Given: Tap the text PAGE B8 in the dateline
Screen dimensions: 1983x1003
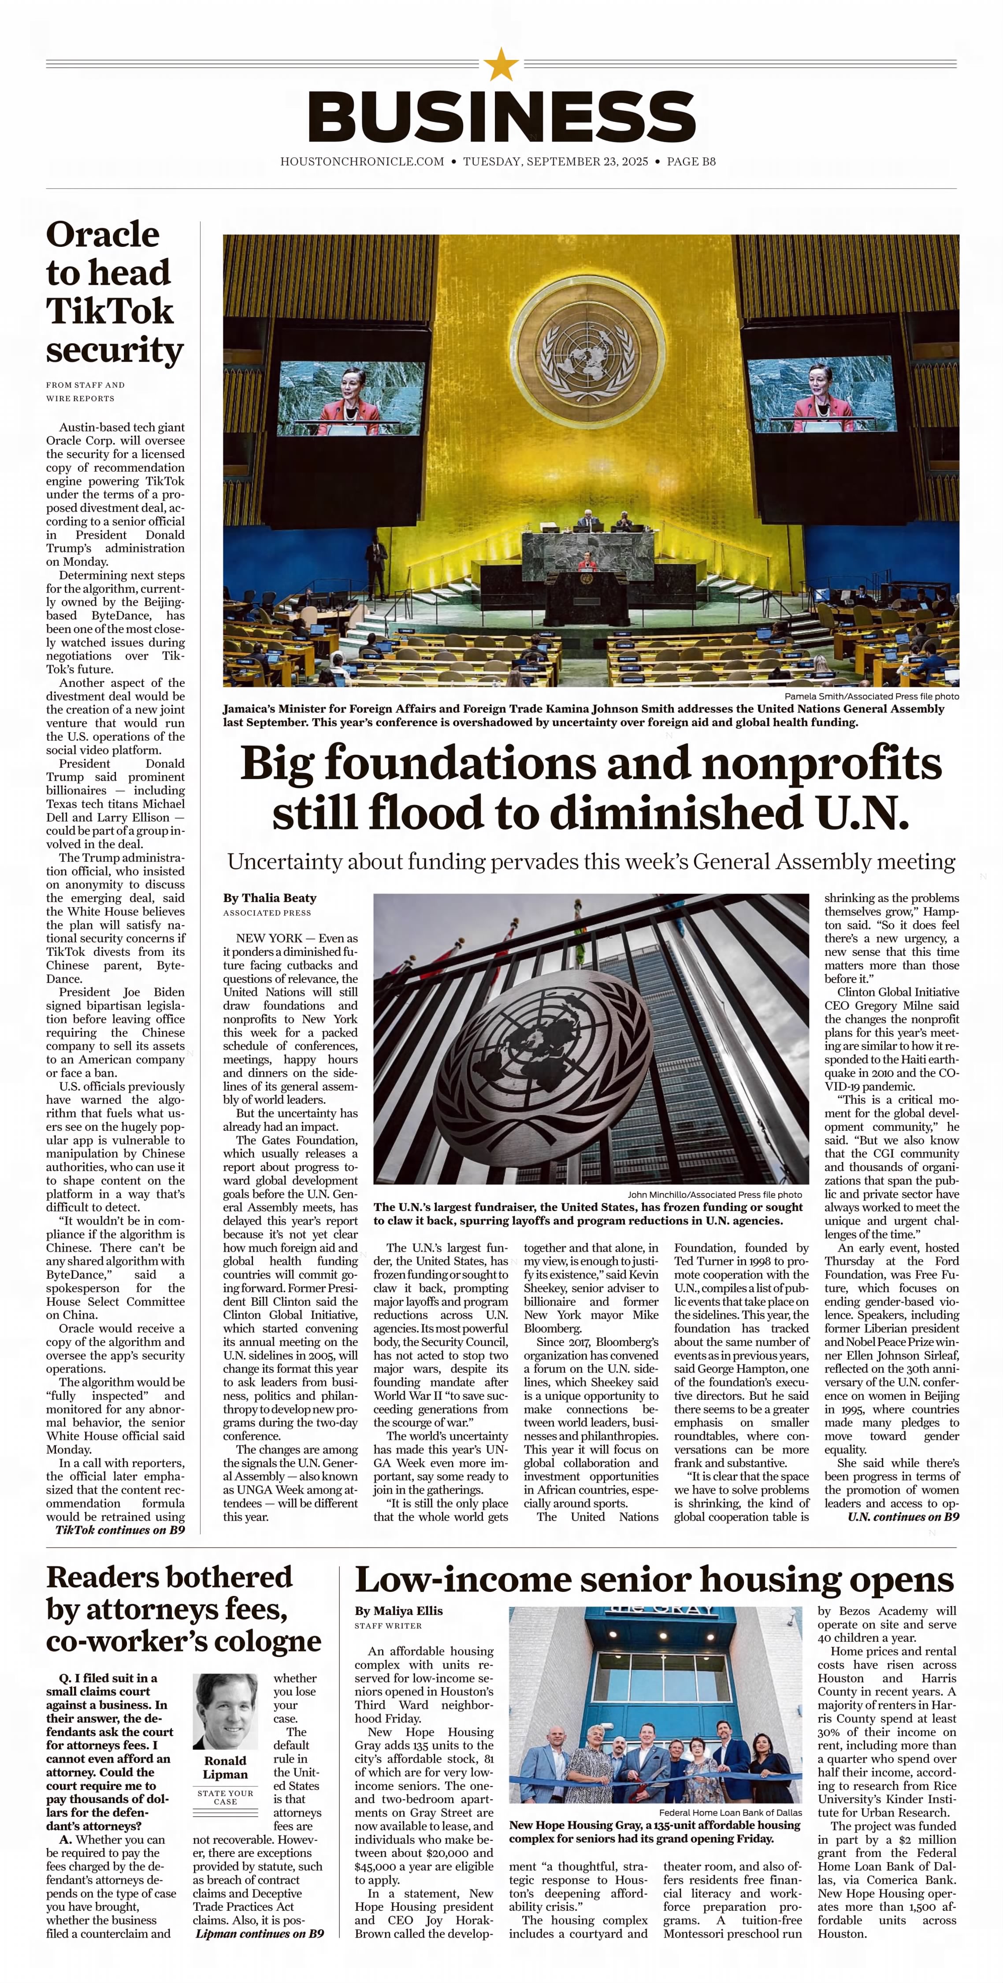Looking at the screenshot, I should (x=691, y=162).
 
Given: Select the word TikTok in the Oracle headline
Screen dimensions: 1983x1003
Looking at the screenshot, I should (x=109, y=311).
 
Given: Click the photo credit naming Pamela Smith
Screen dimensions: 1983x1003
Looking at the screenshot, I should (x=871, y=696).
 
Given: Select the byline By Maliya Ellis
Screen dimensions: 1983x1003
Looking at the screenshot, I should (x=399, y=1610).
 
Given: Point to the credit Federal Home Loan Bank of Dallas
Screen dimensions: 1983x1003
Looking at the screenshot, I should (x=730, y=1812).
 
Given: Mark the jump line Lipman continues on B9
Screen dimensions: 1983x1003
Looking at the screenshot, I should (x=260, y=1933).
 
